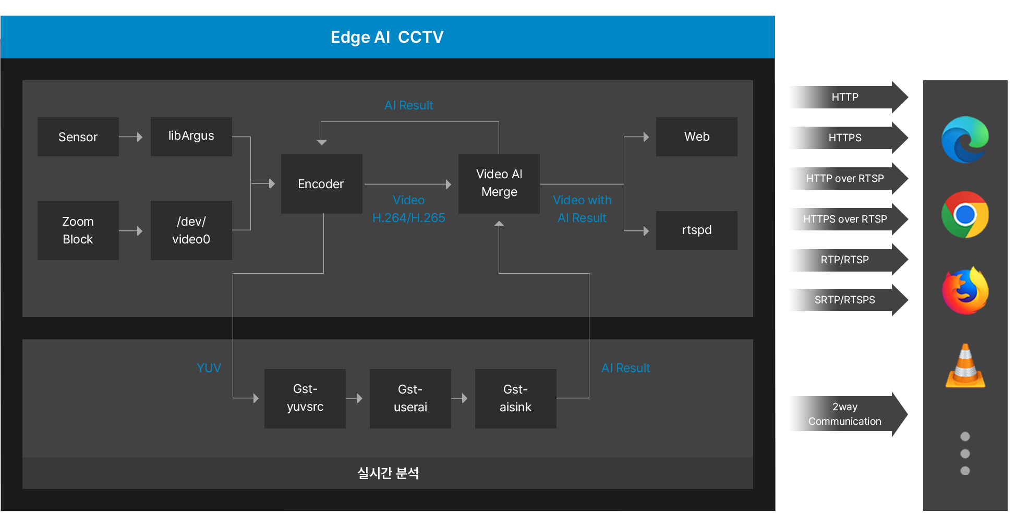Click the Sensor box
[x=78, y=137]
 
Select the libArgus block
[x=191, y=136]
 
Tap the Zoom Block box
[x=78, y=230]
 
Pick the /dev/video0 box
[x=191, y=230]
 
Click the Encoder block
[x=321, y=183]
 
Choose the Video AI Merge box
[x=499, y=183]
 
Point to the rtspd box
[x=696, y=230]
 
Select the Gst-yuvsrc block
[x=305, y=398]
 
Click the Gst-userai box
[x=410, y=398]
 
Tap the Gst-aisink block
[x=515, y=398]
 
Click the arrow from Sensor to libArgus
[x=131, y=137]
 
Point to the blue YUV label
[x=209, y=368]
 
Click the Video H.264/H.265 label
[x=408, y=209]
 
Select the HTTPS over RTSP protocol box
[x=844, y=219]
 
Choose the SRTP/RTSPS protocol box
[x=844, y=300]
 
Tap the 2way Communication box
[x=844, y=414]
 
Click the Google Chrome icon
[x=965, y=215]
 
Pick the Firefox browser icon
[x=965, y=291]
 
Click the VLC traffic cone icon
[x=965, y=366]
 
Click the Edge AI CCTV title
[x=387, y=37]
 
